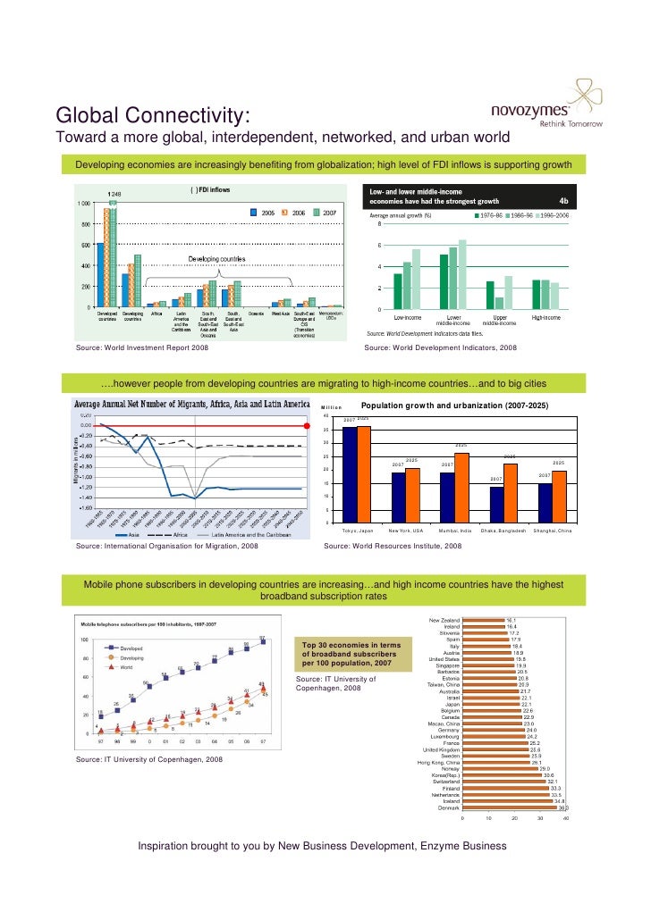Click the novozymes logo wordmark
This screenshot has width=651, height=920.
click(533, 112)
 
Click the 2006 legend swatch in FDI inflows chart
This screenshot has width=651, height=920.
click(284, 213)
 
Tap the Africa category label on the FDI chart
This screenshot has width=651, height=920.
click(156, 314)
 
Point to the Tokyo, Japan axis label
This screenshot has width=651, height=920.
click(357, 531)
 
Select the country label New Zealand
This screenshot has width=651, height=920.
click(444, 620)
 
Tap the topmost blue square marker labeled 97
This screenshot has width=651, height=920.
click(262, 641)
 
